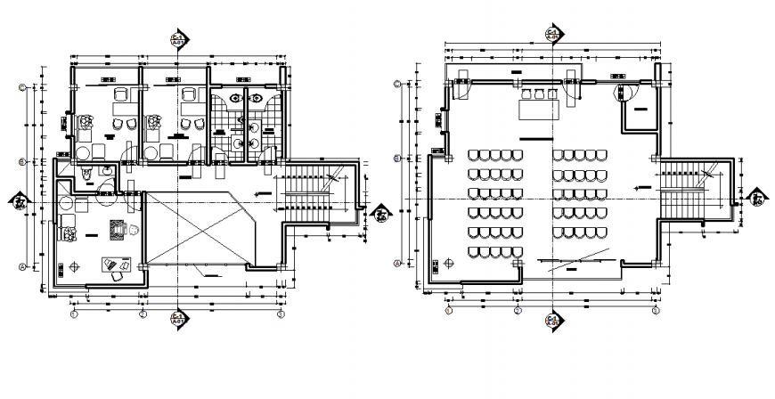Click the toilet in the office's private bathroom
pos(86,173)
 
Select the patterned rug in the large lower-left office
pos(116,229)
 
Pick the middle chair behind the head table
pos(538,93)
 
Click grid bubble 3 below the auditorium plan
pos(655,311)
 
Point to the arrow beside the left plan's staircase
pos(263,191)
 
